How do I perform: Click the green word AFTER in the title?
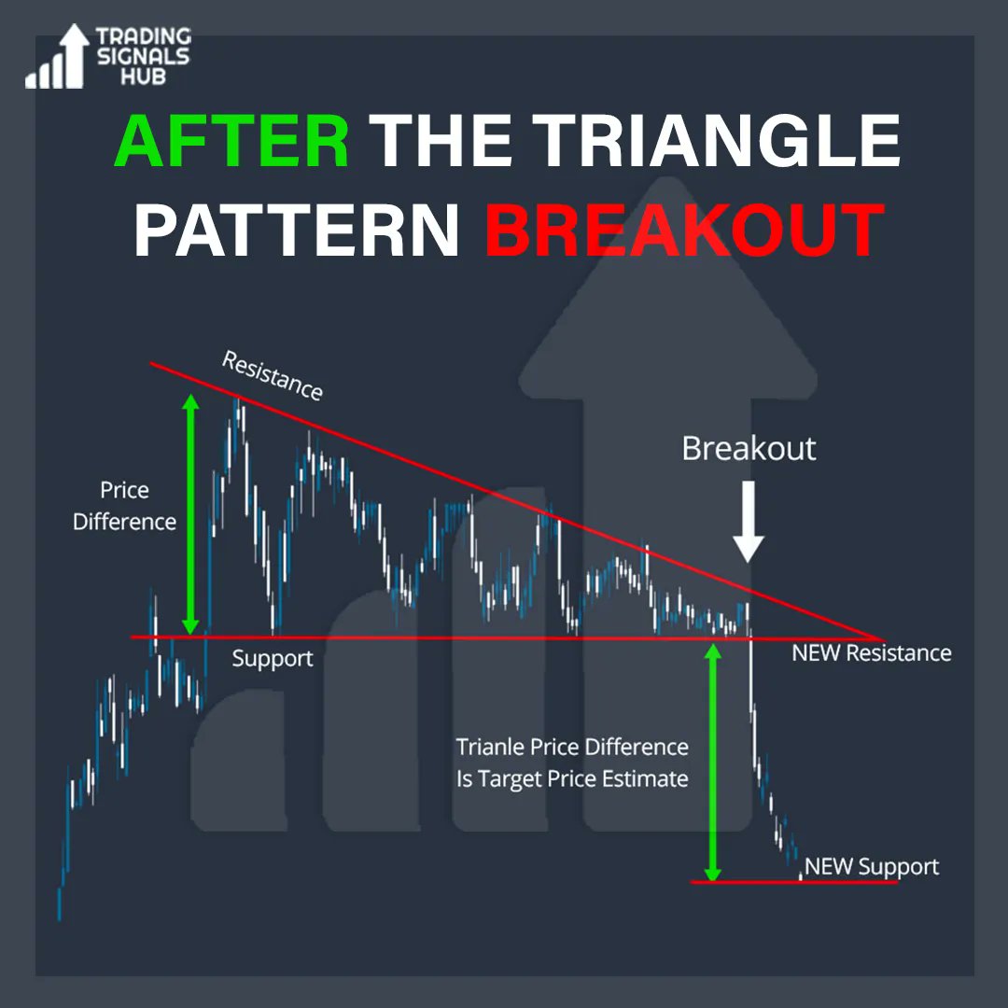(x=231, y=143)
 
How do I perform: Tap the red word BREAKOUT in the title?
(x=684, y=231)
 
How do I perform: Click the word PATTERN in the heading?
(x=297, y=231)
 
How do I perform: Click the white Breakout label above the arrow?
(x=749, y=449)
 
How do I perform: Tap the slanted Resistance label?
(x=272, y=376)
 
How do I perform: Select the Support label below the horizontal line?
(x=273, y=659)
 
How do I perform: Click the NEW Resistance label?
(x=871, y=653)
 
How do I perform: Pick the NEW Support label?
(x=871, y=867)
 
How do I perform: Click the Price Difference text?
(x=125, y=506)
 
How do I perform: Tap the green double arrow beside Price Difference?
(x=190, y=514)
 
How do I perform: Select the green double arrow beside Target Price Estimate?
(x=713, y=761)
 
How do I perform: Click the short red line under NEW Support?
(x=793, y=881)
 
